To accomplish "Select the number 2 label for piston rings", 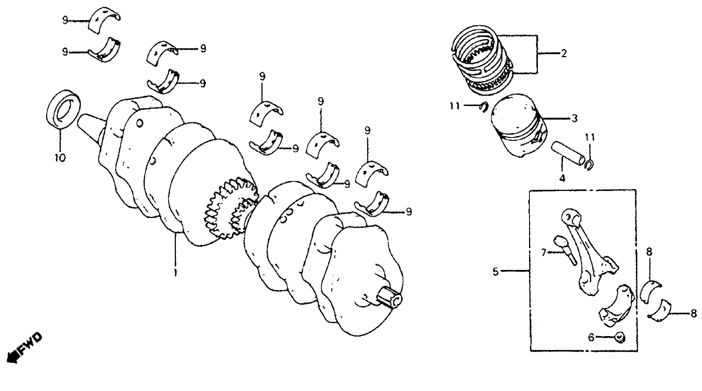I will [x=563, y=54].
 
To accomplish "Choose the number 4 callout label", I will [x=562, y=178].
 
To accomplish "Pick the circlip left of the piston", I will [x=484, y=107].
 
